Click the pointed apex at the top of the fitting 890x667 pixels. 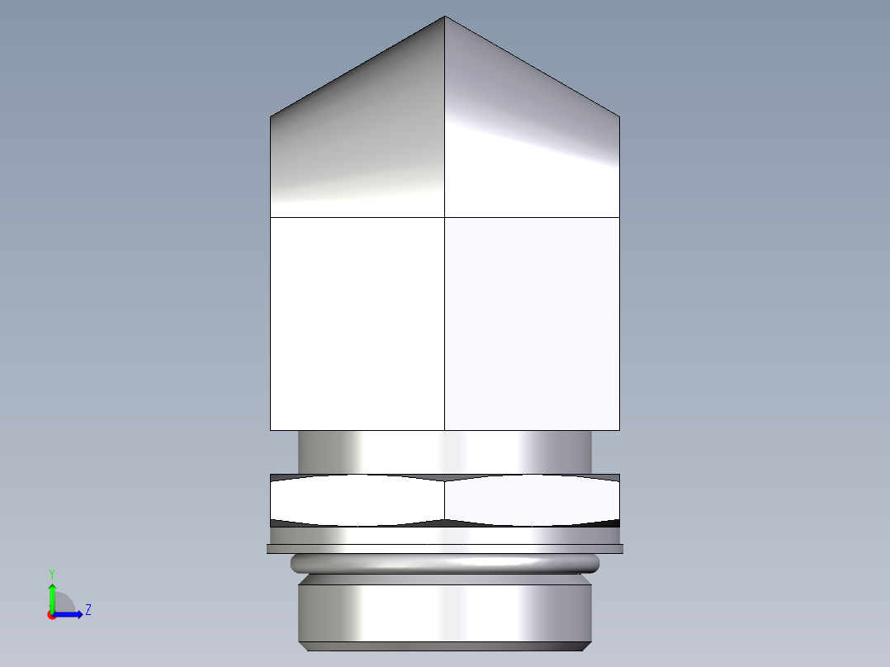pos(445,17)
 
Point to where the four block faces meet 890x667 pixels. pos(445,217)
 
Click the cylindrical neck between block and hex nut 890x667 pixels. pos(445,452)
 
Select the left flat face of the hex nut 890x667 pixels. pos(357,500)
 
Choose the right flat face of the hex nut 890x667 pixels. pos(533,500)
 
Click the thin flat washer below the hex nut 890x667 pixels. pos(445,548)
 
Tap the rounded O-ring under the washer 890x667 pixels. pos(445,563)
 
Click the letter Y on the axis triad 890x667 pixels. pos(52,573)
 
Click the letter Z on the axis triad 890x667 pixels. pos(88,610)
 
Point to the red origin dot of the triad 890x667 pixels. pos(51,615)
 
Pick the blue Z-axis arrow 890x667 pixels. pos(70,614)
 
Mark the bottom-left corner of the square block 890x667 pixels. pos(271,430)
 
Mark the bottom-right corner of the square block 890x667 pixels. pos(619,430)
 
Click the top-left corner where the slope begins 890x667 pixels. pos(271,116)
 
